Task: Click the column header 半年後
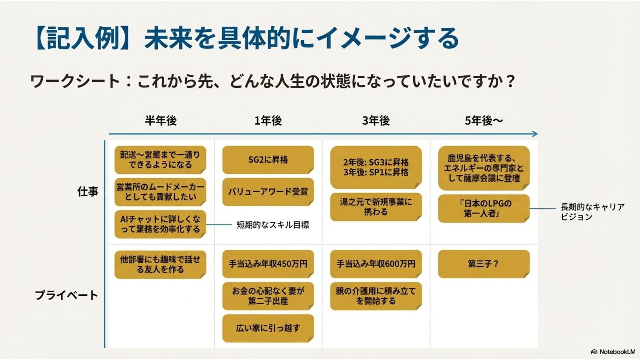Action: click(161, 120)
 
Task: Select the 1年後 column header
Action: click(268, 120)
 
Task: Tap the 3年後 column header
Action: click(376, 120)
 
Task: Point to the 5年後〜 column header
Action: click(484, 120)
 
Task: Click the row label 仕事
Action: click(88, 191)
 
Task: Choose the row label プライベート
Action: click(66, 295)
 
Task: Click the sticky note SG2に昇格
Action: click(268, 160)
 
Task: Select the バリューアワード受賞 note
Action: click(268, 192)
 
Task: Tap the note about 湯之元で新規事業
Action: click(376, 207)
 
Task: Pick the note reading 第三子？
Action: click(484, 264)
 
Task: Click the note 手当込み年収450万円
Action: click(268, 264)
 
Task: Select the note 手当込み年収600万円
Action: click(376, 264)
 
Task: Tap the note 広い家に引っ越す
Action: click(268, 328)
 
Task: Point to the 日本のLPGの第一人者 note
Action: click(484, 208)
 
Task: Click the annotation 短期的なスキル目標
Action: click(273, 225)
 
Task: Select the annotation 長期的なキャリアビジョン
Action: click(592, 212)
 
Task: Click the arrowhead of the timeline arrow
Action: click(535, 134)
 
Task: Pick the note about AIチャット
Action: click(160, 224)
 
